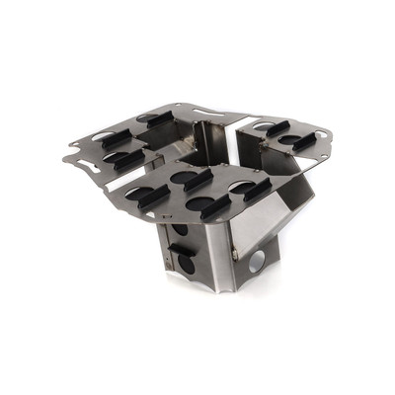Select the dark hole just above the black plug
pyautogui.click(x=180, y=231)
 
